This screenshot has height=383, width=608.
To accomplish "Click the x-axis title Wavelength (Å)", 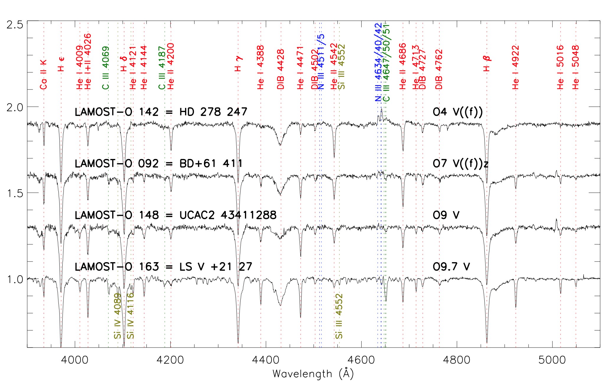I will click(313, 374).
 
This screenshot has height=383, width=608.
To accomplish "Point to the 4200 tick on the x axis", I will click(171, 360).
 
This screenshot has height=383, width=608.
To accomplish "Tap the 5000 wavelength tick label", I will click(552, 360).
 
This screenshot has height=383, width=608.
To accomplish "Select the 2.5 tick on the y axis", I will click(15, 24).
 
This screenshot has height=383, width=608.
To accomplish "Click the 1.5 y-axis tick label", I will click(15, 193).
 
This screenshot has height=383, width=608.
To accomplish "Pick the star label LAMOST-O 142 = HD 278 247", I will click(161, 112).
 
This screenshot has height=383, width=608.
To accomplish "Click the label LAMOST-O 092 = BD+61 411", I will click(158, 163).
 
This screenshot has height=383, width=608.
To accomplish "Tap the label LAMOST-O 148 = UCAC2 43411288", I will click(176, 215).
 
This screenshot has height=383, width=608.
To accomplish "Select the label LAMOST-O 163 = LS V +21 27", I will click(163, 267).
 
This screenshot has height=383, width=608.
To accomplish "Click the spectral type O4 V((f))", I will click(458, 112).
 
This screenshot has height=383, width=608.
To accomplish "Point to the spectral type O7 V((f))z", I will click(460, 163).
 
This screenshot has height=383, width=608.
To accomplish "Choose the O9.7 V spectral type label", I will click(451, 267).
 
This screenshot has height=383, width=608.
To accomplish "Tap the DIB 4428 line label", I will click(281, 69).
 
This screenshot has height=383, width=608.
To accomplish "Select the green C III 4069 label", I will click(106, 68).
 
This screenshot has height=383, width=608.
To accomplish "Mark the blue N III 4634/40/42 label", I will click(378, 62).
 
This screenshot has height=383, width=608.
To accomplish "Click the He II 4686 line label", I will click(403, 66).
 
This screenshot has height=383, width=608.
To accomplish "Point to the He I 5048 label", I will click(576, 67).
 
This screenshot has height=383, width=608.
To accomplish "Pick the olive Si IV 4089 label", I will click(118, 316).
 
